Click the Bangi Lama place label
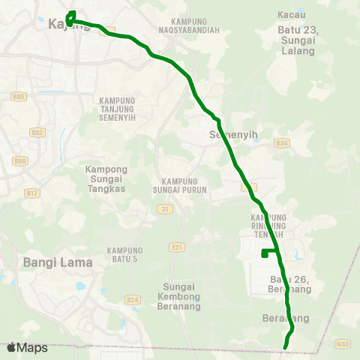coord(58,262)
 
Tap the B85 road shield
coord(19,97)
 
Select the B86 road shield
coord(19,161)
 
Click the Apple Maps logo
coord(27,347)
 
